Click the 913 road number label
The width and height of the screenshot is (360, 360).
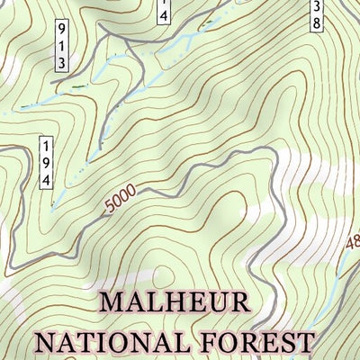(x=62, y=44)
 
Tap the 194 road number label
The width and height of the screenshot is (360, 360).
(x=45, y=163)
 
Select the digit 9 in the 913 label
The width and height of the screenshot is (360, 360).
(x=62, y=29)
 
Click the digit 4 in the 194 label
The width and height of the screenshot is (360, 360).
(x=45, y=179)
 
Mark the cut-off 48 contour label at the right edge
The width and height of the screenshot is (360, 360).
(x=351, y=242)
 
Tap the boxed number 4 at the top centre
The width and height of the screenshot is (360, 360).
(x=163, y=13)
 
